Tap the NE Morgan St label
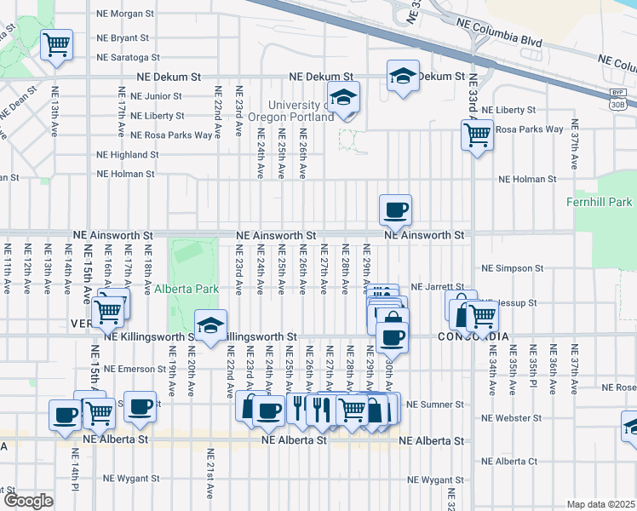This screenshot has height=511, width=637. click(125, 14)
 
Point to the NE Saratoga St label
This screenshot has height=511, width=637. click(128, 58)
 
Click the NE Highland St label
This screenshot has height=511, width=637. click(127, 155)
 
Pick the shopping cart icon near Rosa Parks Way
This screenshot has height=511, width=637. click(477, 133)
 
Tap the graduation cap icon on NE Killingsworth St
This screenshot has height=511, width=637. click(210, 324)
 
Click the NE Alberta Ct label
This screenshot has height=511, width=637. click(509, 462)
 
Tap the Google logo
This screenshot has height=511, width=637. click(27, 501)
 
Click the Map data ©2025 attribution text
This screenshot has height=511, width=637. click(600, 504)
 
